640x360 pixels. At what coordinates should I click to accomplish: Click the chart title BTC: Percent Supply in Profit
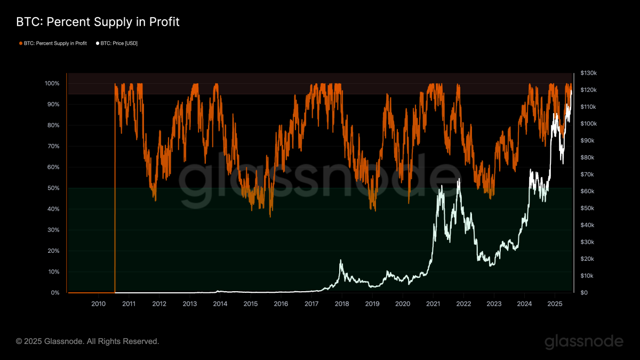[98, 22]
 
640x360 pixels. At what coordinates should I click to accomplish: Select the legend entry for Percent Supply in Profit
[53, 43]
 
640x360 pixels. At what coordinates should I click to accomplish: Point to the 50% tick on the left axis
[53, 188]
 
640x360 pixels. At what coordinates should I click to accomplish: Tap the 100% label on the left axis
[52, 84]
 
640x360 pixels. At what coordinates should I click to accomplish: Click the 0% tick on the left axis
[55, 293]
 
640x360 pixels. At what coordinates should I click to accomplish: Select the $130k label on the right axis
[588, 73]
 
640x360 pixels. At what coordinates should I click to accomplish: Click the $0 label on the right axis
[584, 293]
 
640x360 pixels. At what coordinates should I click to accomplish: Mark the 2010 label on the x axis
[98, 304]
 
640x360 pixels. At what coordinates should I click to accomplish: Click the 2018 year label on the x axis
[342, 304]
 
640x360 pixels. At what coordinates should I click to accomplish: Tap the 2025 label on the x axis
[555, 304]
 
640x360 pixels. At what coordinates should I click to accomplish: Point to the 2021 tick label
[433, 304]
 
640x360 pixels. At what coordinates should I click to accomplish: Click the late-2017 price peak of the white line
[341, 260]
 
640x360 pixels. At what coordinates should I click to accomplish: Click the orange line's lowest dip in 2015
[270, 215]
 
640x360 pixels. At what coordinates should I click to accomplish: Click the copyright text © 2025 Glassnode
[87, 341]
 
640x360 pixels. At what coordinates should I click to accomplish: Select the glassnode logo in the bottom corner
[583, 341]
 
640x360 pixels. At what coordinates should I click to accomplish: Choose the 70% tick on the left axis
[53, 146]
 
